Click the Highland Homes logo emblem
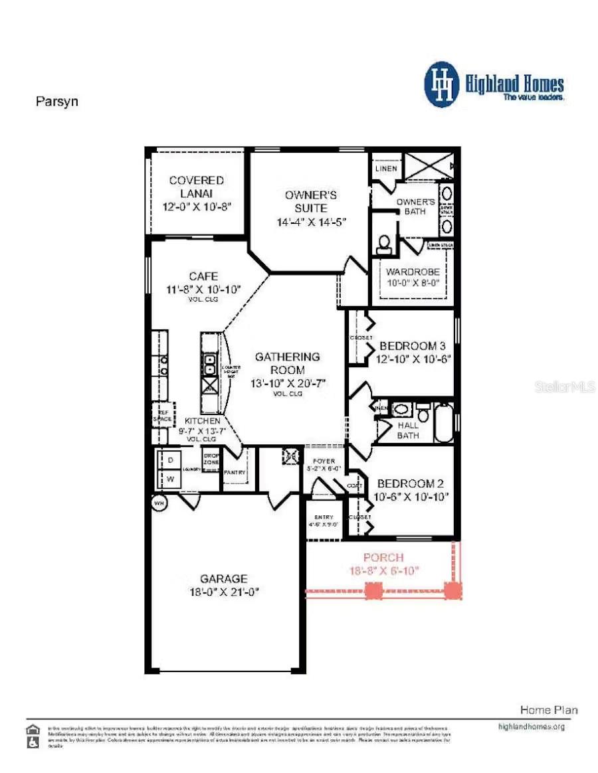[442, 84]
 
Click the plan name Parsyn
[56, 102]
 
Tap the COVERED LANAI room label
[196, 187]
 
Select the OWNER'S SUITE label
[311, 201]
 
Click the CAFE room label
[203, 276]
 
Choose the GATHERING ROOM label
[288, 363]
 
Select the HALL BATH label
[408, 430]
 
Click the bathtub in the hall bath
[443, 421]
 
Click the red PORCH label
[383, 558]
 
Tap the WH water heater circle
[159, 503]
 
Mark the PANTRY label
[235, 473]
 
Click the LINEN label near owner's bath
[386, 168]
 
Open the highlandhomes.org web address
[531, 727]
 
